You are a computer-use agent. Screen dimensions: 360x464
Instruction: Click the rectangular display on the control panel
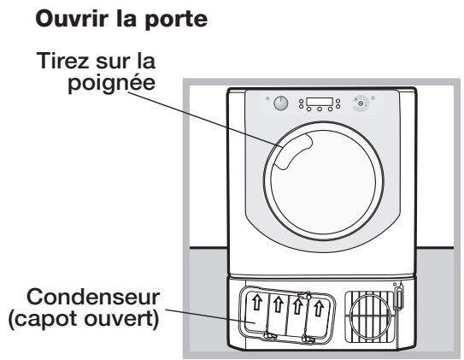click(318, 100)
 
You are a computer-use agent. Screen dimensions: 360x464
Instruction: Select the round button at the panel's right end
click(362, 103)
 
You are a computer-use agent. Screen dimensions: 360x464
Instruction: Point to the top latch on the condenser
click(298, 292)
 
